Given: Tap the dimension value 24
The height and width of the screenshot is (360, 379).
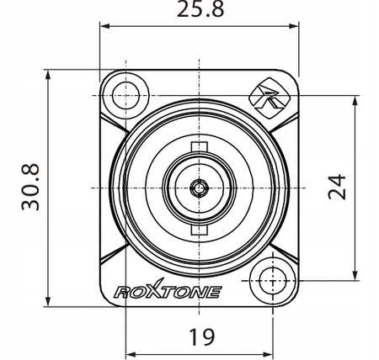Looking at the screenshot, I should point(339,188).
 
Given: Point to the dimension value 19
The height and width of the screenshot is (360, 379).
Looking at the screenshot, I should point(200,337).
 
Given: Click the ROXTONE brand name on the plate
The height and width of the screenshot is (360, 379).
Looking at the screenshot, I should point(167,292).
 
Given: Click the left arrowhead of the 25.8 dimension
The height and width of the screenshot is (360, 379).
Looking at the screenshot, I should point(105,26).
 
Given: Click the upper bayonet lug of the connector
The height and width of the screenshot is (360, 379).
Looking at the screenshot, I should point(200,150).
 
